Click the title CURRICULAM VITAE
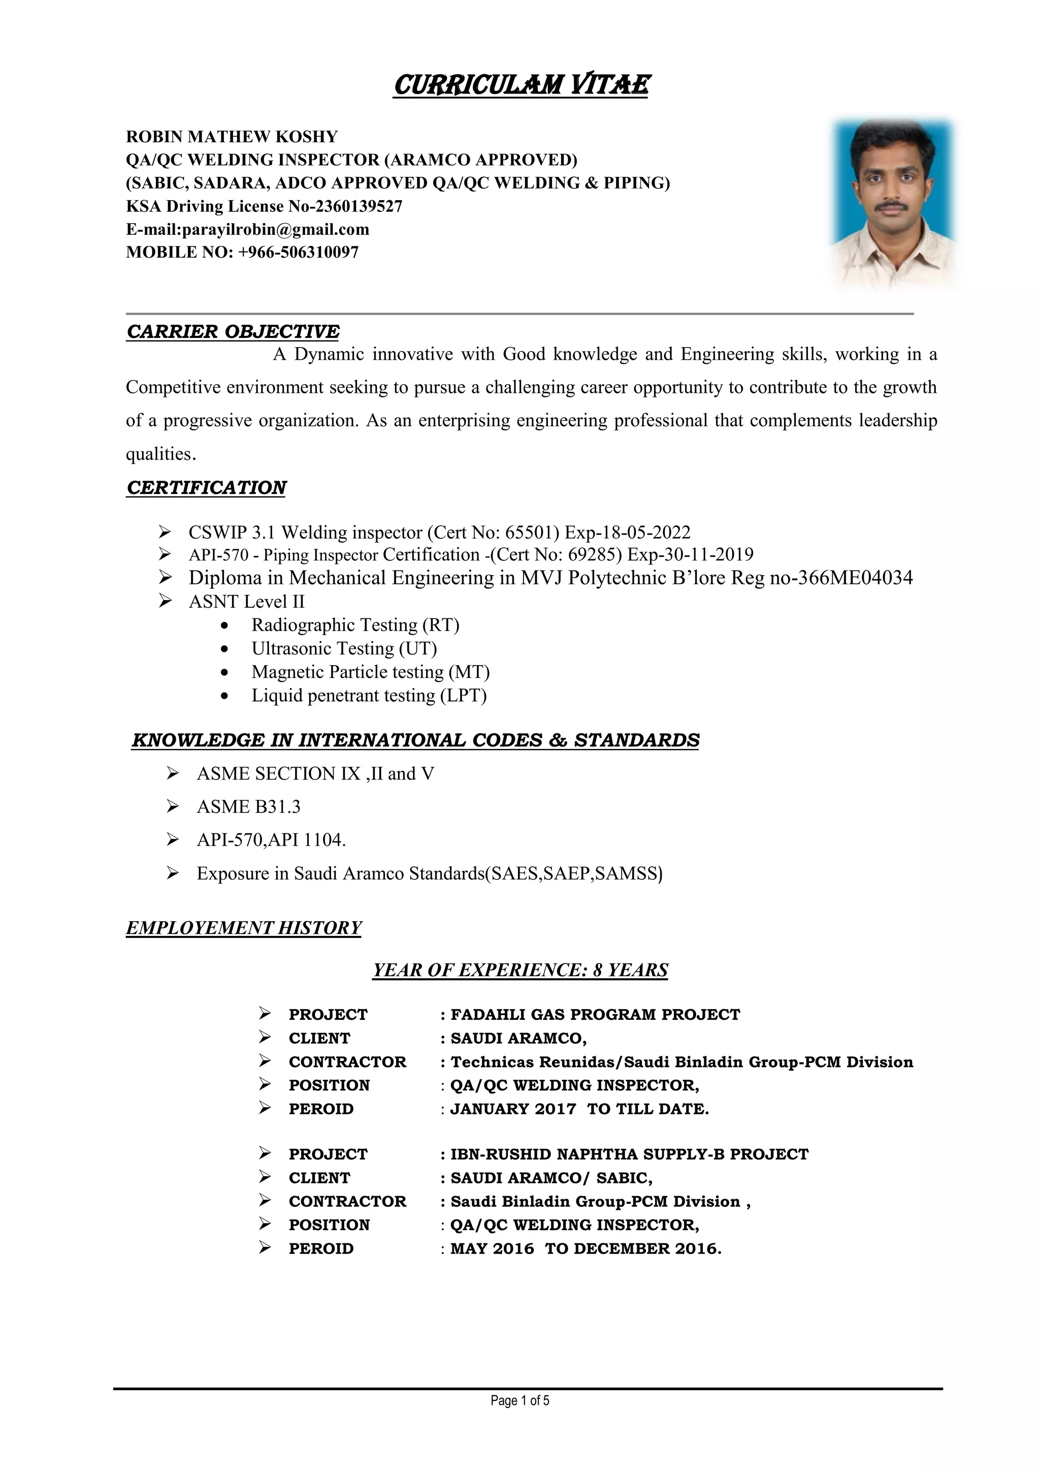[521, 84]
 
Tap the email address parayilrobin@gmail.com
[275, 229]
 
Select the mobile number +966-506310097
[298, 253]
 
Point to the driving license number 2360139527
[359, 206]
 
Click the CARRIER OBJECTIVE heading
[233, 331]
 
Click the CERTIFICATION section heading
[206, 488]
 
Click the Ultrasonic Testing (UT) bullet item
[344, 648]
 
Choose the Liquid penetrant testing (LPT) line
[369, 695]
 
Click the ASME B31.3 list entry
[248, 806]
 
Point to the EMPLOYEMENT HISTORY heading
[243, 928]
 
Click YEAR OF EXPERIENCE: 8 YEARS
[520, 970]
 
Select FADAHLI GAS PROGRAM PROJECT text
[595, 1014]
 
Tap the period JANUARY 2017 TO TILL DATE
[579, 1109]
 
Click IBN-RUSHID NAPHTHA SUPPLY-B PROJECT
[630, 1154]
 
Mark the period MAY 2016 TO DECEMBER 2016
[586, 1248]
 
